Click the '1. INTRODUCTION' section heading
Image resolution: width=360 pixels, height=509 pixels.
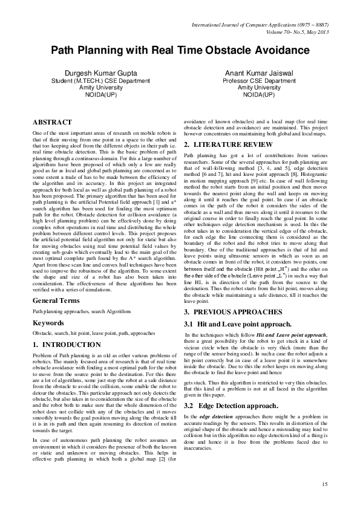click(67, 344)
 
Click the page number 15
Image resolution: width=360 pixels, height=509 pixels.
click(324, 484)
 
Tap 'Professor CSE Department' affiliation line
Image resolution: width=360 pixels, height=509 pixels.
click(259, 80)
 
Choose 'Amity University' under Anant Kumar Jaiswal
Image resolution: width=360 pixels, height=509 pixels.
click(259, 88)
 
